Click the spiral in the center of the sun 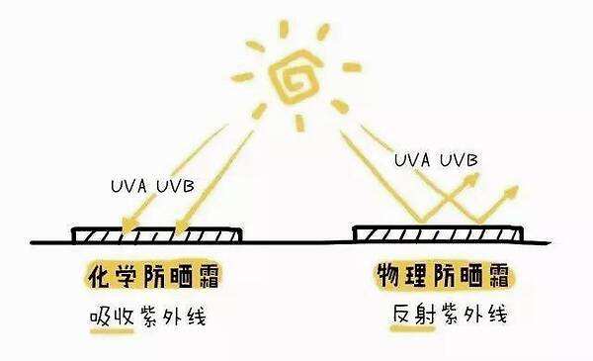[x=296, y=76]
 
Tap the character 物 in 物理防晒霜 [x=386, y=274]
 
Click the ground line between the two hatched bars [x=296, y=240]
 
